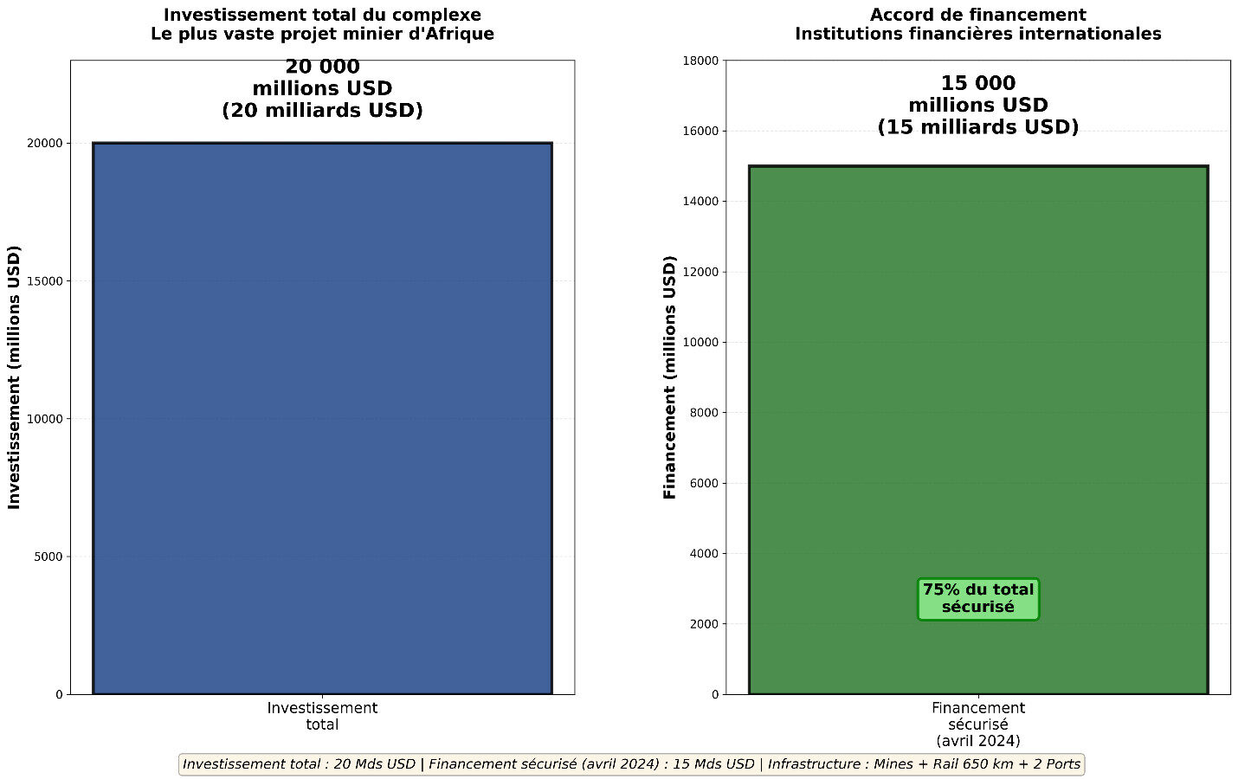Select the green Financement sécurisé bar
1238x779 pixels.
(x=978, y=389)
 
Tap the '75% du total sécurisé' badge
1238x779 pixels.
(x=978, y=599)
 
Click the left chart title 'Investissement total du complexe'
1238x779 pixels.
(x=322, y=15)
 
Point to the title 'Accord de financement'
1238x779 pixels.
(x=978, y=15)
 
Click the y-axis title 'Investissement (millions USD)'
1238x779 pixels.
(x=15, y=377)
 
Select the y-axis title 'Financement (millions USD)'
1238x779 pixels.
(x=670, y=377)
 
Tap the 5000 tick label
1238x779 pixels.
(x=49, y=557)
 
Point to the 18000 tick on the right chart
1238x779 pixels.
(x=702, y=61)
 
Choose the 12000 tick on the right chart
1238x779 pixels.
(x=702, y=272)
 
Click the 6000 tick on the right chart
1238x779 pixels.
(x=705, y=483)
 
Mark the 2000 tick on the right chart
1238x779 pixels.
(x=705, y=624)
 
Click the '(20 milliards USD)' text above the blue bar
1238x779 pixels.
(x=322, y=111)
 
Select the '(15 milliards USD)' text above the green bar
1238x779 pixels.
(x=978, y=127)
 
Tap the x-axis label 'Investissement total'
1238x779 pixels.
(x=322, y=716)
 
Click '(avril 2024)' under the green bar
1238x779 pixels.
(x=978, y=741)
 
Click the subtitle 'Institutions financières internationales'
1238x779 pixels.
(x=978, y=35)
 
